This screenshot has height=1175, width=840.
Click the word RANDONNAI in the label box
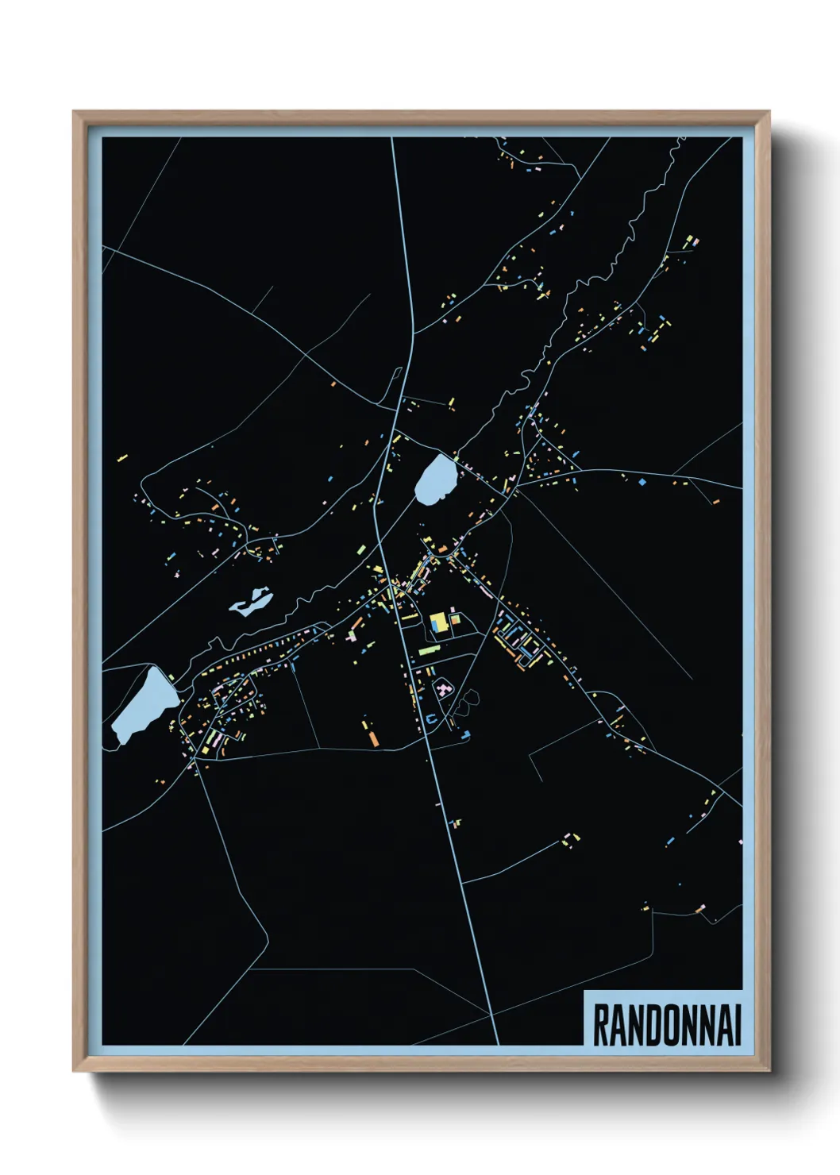pos(667,1025)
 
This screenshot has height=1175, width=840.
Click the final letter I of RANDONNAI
pos(737,1025)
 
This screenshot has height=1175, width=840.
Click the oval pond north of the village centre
pos(436,479)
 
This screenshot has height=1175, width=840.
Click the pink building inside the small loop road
pos(442,688)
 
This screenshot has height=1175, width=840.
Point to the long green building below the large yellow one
pos(429,650)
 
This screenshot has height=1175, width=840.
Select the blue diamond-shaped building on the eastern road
pos(642,482)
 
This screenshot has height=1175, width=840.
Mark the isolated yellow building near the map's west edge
pos(122,458)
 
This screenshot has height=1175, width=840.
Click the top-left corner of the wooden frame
pos(74,112)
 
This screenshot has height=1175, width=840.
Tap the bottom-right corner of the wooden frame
pos(769,1070)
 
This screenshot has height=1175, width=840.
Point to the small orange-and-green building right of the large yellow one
pos(455,620)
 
